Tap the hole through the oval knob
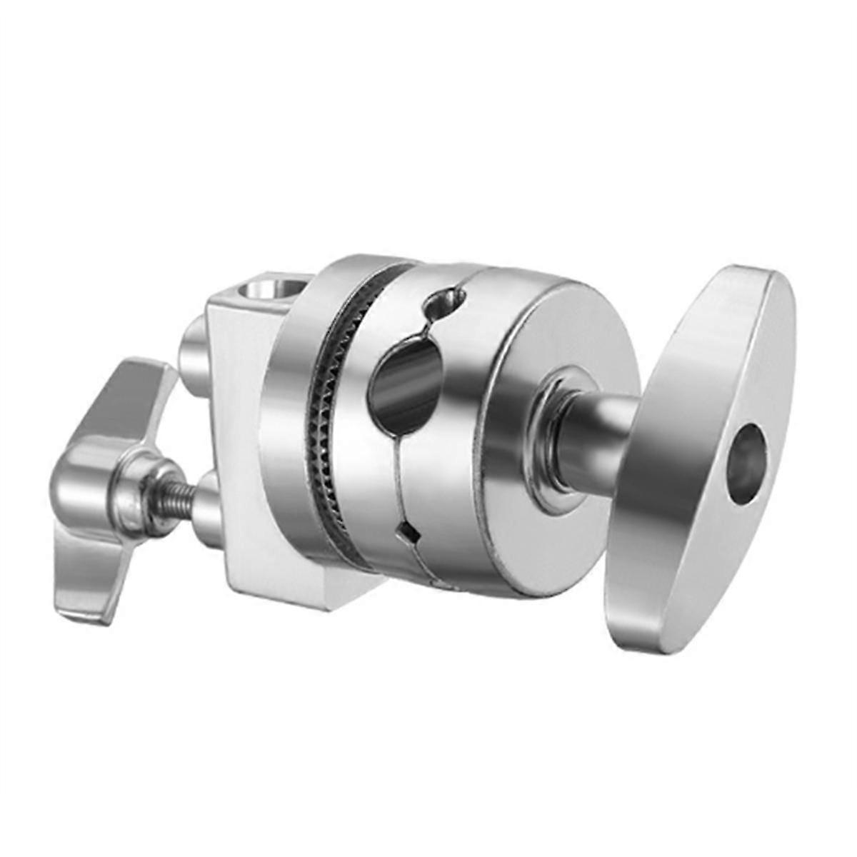click(x=746, y=463)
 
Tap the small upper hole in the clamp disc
click(x=441, y=304)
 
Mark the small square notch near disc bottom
click(x=406, y=531)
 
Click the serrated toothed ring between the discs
click(x=331, y=428)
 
